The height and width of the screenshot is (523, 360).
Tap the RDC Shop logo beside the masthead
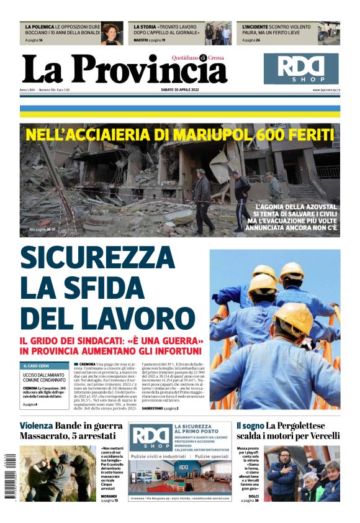pyautogui.click(x=301, y=68)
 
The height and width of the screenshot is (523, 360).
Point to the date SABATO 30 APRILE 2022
pyautogui.click(x=180, y=91)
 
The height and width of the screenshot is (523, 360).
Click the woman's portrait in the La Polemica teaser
pyautogui.click(x=112, y=34)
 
